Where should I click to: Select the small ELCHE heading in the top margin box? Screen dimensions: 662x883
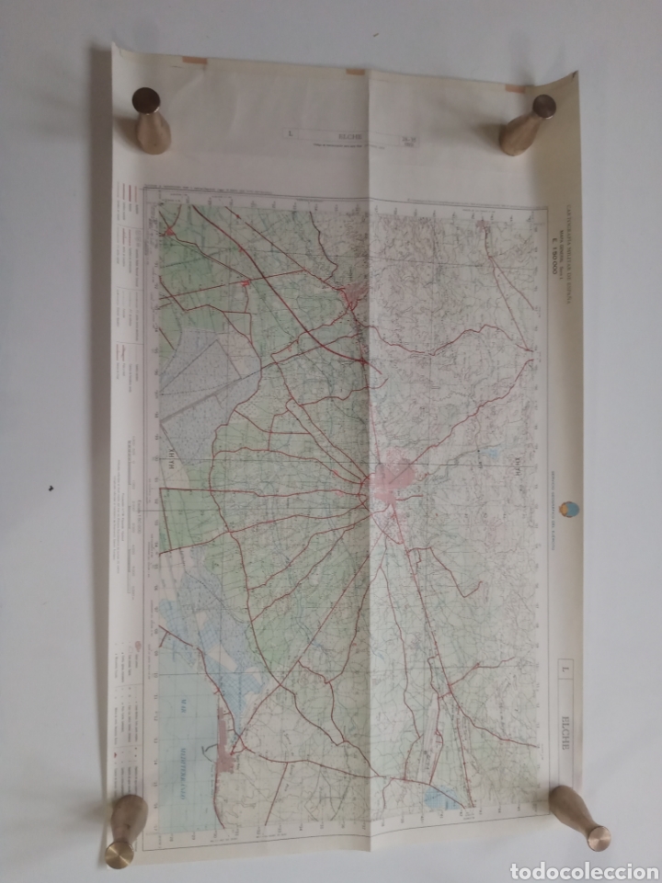[x=350, y=135]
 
